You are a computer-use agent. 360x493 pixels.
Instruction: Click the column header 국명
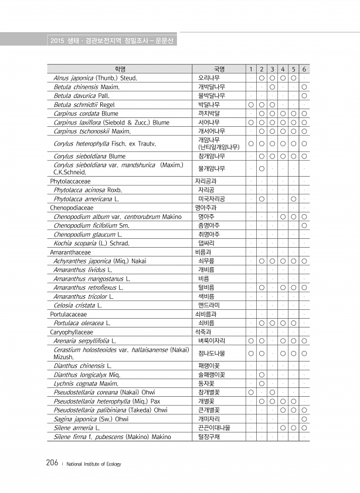[219, 69]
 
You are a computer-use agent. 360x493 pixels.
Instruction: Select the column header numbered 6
[304, 69]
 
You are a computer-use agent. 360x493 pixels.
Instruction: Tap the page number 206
[52, 463]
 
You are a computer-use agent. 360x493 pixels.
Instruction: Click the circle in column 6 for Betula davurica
[304, 95]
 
